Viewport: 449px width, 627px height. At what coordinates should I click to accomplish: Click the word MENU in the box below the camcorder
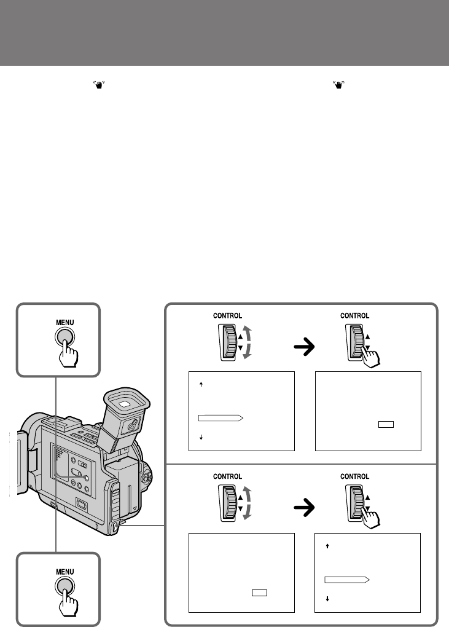click(x=65, y=570)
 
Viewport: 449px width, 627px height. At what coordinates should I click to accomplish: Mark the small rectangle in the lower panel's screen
click(x=259, y=593)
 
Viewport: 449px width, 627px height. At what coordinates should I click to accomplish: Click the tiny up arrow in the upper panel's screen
click(x=202, y=385)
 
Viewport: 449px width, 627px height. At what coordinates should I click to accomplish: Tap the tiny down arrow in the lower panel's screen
click(x=327, y=598)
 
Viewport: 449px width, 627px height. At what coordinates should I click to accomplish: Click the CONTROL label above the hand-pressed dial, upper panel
click(x=355, y=316)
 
